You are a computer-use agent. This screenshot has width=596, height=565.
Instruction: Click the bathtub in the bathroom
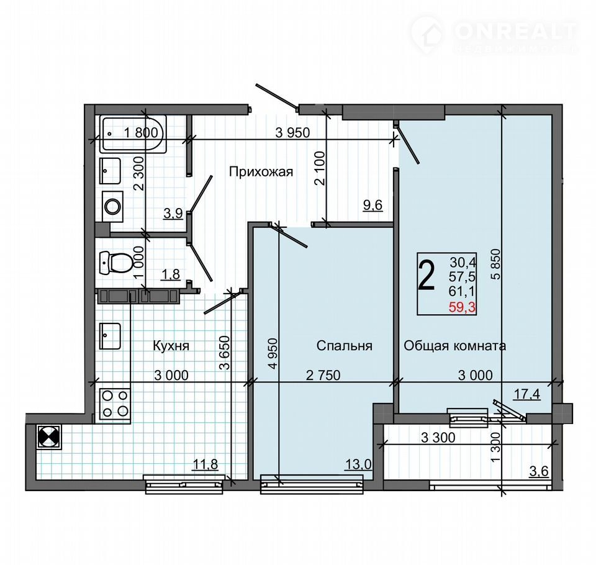[133, 134]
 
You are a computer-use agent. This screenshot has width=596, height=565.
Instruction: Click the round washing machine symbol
[113, 207]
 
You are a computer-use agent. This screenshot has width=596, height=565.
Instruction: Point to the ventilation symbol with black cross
[49, 437]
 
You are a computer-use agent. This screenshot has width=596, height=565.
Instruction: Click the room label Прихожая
[261, 172]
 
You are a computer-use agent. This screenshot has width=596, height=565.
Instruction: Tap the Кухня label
[171, 346]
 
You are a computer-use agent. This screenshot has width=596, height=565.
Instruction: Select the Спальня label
[345, 346]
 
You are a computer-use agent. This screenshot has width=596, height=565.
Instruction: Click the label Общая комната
[454, 346]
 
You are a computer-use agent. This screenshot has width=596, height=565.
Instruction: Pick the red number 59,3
[462, 307]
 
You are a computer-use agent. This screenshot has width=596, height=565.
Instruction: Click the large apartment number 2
[426, 277]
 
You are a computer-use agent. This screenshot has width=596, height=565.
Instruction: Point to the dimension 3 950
[292, 132]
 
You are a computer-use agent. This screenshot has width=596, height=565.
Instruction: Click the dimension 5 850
[496, 264]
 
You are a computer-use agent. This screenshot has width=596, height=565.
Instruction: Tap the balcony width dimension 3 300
[438, 438]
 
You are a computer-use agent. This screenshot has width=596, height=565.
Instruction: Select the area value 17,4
[527, 394]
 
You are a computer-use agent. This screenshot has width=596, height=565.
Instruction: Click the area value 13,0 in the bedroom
[358, 464]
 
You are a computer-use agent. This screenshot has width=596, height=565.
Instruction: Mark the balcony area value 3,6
[540, 471]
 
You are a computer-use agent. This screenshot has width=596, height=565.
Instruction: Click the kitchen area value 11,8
[205, 464]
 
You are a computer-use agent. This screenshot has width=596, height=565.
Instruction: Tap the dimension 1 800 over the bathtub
[141, 132]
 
